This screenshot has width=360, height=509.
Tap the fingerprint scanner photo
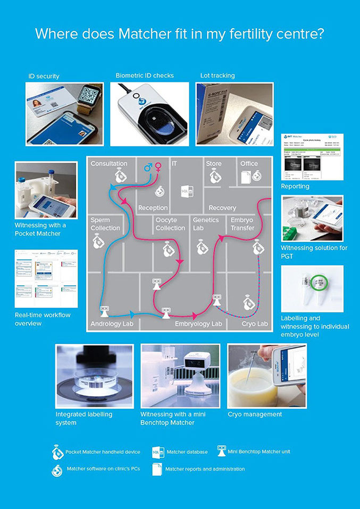pos(149,114)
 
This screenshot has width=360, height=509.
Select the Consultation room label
pos(108,164)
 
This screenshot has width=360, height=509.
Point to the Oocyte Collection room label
pos(170,224)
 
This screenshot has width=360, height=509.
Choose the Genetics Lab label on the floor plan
pos(206,224)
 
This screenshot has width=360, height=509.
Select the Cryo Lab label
pos(255,324)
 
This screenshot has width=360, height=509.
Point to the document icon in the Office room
pos(246,178)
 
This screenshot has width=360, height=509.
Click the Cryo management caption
pos(255,414)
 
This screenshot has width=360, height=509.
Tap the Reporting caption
pos(295,186)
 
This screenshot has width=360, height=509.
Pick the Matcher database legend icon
pos(158,452)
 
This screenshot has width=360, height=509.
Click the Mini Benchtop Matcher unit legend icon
pos(222,451)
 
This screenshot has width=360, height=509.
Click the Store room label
pos(214,164)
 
